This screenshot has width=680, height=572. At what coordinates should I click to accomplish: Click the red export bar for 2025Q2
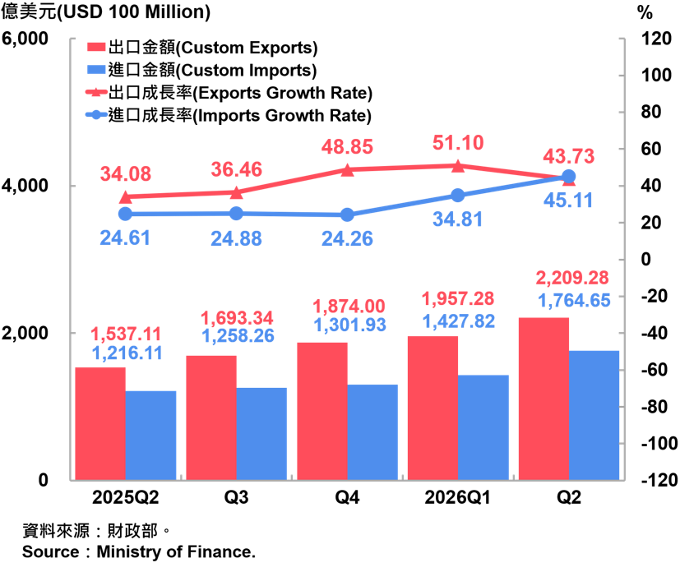tap(100, 423)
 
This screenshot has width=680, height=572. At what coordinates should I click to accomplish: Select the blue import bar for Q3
tap(261, 434)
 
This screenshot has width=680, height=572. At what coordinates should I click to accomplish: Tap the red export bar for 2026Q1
tap(433, 408)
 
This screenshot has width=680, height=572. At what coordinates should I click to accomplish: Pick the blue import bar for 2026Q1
tap(483, 427)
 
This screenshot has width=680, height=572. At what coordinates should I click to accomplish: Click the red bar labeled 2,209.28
tap(544, 399)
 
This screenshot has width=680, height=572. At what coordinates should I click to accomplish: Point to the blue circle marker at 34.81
tap(458, 196)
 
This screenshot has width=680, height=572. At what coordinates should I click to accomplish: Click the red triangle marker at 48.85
tap(347, 170)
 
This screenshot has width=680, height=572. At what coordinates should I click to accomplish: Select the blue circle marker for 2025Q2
tap(125, 214)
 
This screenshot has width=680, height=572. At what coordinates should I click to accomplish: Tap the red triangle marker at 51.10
tap(458, 166)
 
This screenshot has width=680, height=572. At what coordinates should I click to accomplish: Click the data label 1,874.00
tap(349, 307)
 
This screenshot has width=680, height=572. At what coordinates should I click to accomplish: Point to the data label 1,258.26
tap(238, 336)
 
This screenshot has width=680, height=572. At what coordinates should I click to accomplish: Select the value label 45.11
tap(568, 201)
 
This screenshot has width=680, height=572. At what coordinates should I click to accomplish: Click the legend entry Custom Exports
tap(202, 47)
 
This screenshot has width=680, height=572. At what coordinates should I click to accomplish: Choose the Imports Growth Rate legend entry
tap(229, 115)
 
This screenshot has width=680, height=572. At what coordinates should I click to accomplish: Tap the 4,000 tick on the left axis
tap(25, 186)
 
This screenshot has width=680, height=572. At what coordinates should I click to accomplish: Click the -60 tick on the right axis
tap(655, 370)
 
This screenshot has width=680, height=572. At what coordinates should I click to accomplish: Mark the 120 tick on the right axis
tap(657, 39)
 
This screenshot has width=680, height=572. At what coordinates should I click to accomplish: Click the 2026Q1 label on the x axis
tap(457, 497)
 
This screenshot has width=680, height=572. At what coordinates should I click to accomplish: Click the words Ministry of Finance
tap(176, 551)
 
